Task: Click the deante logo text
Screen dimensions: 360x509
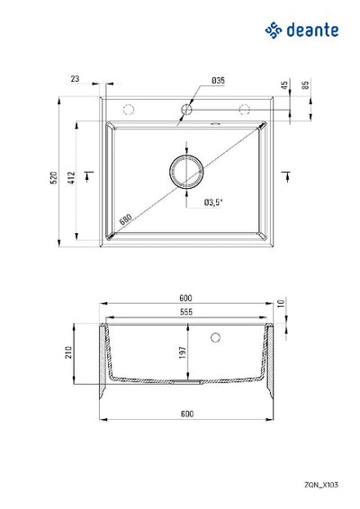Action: pos(312,31)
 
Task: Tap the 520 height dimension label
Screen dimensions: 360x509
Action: pos(54,178)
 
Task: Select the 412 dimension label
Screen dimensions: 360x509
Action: pos(71,178)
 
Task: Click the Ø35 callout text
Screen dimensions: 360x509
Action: pos(218,81)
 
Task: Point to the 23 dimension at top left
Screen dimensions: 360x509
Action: pos(75,79)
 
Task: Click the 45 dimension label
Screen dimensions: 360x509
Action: pos(284,85)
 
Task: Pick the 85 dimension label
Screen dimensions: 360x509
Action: pos(305,85)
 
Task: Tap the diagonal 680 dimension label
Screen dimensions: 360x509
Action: pos(125,219)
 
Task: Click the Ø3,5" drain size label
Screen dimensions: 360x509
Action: pos(213,202)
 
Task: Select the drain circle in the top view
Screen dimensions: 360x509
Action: pos(186,156)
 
